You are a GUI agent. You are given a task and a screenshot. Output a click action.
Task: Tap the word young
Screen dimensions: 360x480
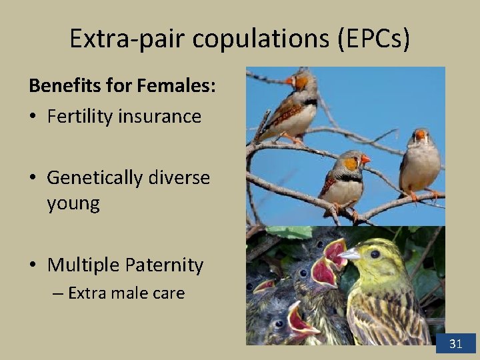(x=73, y=203)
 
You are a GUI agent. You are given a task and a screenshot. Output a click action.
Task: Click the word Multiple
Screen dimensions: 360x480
(x=83, y=265)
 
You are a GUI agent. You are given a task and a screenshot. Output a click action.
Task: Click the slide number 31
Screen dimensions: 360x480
(x=456, y=344)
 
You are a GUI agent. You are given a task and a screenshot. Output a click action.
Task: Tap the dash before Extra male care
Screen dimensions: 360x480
(x=58, y=293)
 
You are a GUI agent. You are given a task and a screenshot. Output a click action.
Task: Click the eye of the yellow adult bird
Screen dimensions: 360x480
(x=374, y=254)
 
